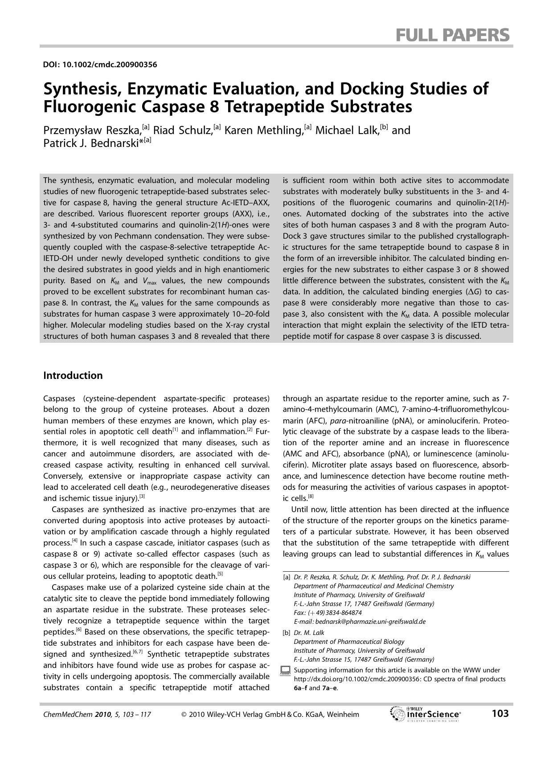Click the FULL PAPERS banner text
(452, 34)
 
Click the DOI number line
(100, 65)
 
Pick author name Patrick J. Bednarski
(91, 143)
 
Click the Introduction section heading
(73, 375)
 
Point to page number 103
(500, 714)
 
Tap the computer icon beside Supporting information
(286, 671)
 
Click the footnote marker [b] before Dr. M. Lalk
(287, 633)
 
